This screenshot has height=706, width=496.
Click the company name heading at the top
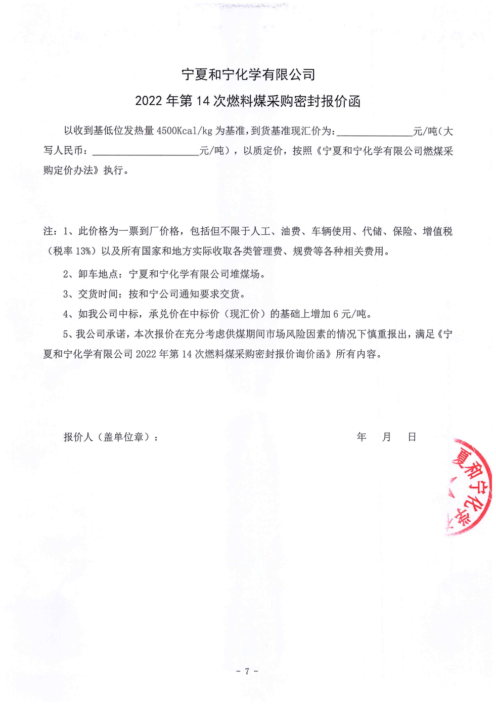tap(248, 75)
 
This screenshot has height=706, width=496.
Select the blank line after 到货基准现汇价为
tap(374, 133)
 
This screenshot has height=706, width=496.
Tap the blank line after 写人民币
tap(146, 152)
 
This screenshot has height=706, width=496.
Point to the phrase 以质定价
tap(263, 151)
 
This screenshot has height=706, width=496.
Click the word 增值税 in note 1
tap(438, 231)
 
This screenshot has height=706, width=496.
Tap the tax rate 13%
tap(83, 251)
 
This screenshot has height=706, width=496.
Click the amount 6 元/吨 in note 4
tap(350, 314)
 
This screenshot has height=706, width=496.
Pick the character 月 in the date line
tap(387, 437)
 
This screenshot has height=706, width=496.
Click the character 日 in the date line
tap(412, 437)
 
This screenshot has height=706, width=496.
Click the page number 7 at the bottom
tap(247, 671)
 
